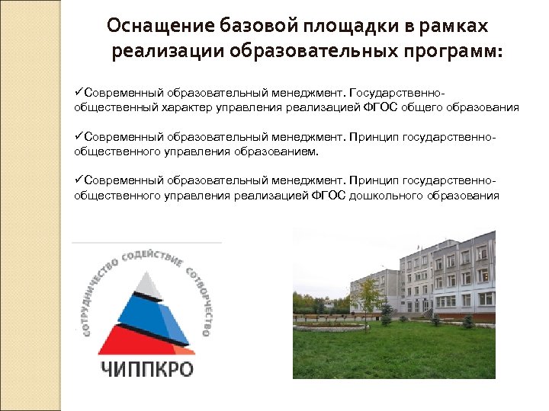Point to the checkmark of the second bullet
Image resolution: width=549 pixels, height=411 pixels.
coord(79,138)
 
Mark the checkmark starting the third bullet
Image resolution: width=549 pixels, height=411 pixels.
coord(79,181)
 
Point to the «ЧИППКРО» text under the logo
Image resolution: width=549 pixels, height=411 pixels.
coord(147,370)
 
